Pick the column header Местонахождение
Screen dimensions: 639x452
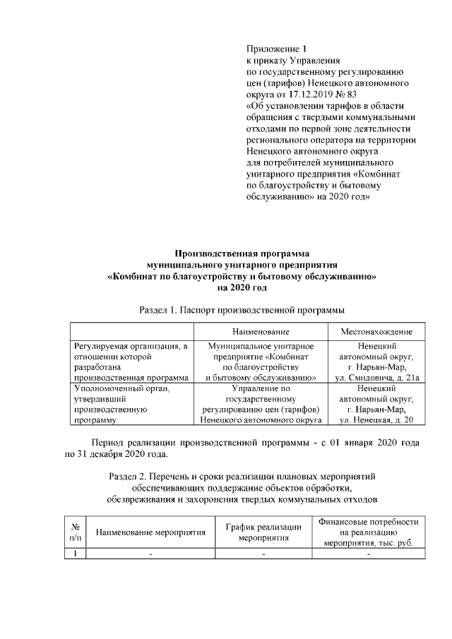click(x=376, y=331)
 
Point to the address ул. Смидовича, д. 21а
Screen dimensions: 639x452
click(x=376, y=378)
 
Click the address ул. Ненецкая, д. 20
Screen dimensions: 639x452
click(x=376, y=419)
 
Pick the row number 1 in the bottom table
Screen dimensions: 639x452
click(x=75, y=554)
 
